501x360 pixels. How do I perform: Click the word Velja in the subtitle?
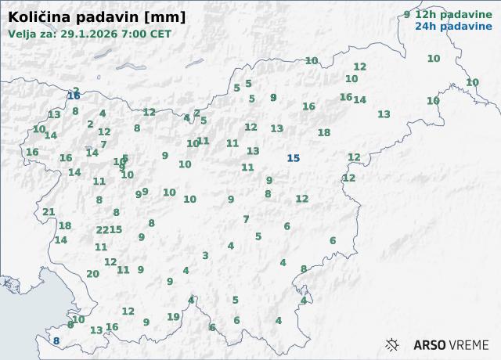click(23, 34)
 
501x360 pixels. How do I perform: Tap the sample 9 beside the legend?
click(406, 14)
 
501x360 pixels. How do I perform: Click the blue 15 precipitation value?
click(293, 158)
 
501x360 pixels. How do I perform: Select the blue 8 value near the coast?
click(56, 341)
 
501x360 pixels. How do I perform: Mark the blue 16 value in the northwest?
click(74, 96)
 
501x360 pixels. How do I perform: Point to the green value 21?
click(49, 212)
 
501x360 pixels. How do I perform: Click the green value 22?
click(102, 230)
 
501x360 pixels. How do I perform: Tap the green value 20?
click(92, 274)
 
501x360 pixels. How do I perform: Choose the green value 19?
click(173, 317)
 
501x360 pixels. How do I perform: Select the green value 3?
click(205, 255)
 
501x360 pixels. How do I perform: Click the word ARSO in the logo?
click(430, 344)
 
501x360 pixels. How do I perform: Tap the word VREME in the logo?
click(470, 344)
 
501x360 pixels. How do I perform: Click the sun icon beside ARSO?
click(393, 344)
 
